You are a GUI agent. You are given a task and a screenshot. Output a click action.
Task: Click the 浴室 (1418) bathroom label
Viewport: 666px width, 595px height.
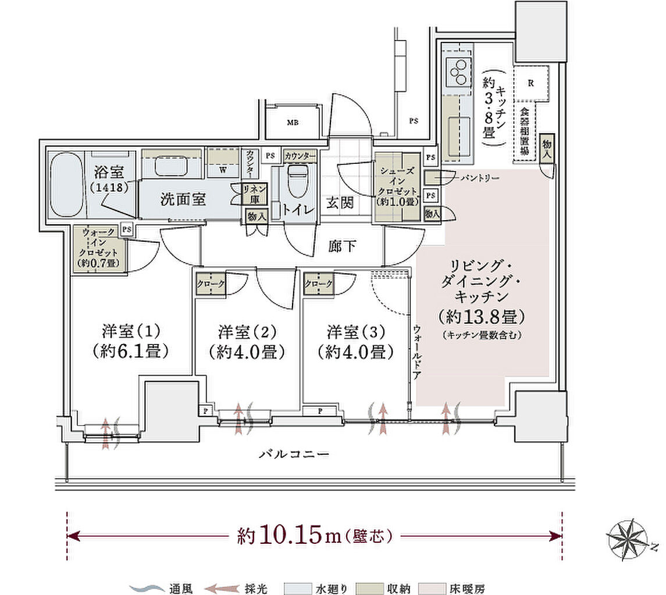tap(109, 180)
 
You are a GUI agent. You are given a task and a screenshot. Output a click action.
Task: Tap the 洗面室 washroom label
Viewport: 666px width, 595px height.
tap(183, 199)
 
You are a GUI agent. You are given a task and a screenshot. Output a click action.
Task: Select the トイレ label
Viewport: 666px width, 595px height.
tap(299, 210)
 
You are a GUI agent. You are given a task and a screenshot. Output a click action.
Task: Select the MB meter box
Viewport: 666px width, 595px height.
tap(293, 123)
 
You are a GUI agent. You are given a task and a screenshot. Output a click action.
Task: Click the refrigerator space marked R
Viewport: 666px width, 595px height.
tap(530, 83)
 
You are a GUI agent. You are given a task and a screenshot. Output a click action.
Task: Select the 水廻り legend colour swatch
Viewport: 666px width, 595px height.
tap(296, 588)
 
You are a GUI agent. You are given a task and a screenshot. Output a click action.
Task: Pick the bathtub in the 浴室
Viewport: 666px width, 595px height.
tap(66, 184)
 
